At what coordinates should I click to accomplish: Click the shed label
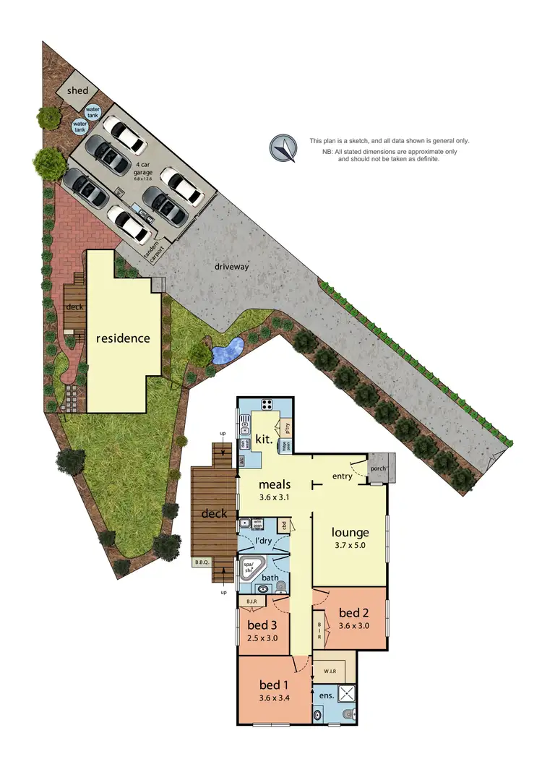(x=77, y=90)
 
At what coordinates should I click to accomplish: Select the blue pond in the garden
(x=226, y=352)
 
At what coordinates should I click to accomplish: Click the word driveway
(x=231, y=267)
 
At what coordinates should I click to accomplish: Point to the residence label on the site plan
(x=124, y=338)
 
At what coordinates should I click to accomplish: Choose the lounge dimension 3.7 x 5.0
(x=350, y=546)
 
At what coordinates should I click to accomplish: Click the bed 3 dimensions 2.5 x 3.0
(x=262, y=638)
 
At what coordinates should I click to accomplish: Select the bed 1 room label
(x=275, y=683)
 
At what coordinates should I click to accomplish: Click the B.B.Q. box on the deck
(x=201, y=562)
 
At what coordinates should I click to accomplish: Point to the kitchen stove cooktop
(x=267, y=405)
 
